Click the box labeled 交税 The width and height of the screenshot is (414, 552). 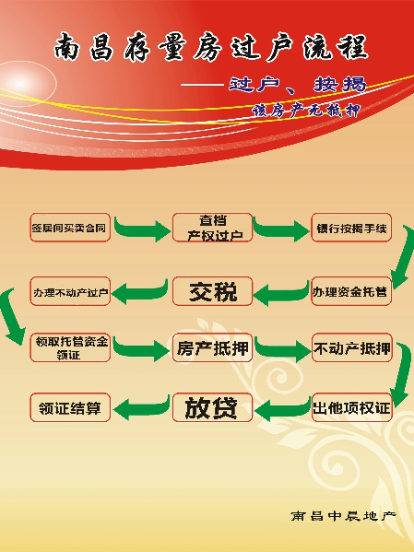212,291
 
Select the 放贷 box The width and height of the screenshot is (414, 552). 212,407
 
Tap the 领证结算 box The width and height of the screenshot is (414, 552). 70,407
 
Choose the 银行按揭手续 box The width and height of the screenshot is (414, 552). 351,228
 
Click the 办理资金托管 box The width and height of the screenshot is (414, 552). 351,291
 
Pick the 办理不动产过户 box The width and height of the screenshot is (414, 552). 70,291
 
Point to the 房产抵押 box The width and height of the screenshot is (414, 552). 212,347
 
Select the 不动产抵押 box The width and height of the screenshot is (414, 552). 352,347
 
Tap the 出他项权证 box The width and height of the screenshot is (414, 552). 352,407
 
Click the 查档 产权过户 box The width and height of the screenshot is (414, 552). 212,228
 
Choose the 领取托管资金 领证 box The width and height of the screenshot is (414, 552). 70,347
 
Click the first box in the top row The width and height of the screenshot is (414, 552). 70,228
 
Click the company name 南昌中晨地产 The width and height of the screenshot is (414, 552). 344,516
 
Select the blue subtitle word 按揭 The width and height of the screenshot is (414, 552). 340,85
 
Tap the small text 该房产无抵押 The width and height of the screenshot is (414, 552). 306,111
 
